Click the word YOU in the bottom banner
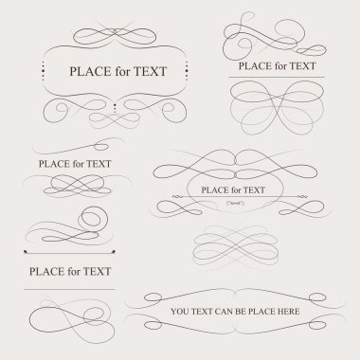pos(180,312)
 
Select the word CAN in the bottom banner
pos(224,312)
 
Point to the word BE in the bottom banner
pos(241,312)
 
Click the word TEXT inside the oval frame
pos(254,190)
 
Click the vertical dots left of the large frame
pos(43,71)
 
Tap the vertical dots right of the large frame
pos(187,71)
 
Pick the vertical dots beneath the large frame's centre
pos(115,108)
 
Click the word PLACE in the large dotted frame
pos(91,71)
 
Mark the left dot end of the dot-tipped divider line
pos(26,252)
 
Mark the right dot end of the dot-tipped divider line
pos(114,252)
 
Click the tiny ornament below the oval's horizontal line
pos(235,204)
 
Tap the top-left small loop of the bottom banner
pos(153,297)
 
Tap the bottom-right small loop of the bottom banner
pos(317,325)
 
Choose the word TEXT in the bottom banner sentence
pos(202,312)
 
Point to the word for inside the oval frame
pos(236,190)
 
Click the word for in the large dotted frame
pos(122,71)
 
